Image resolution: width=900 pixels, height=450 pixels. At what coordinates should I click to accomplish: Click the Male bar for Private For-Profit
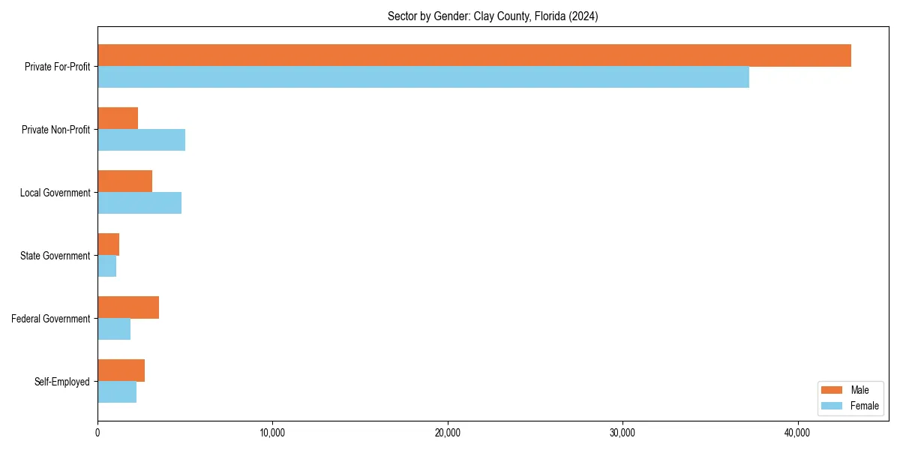[474, 55]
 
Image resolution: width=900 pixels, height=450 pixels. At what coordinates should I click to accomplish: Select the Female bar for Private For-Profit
[423, 77]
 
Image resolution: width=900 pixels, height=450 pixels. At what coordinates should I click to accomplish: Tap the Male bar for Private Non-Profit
[118, 118]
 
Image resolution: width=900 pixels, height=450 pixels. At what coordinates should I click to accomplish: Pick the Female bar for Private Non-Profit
[141, 140]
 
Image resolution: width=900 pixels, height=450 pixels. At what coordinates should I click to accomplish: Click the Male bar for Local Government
[124, 181]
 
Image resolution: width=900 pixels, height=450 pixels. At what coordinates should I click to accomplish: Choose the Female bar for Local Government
[139, 203]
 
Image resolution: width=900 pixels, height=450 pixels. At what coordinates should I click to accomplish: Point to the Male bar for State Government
[108, 244]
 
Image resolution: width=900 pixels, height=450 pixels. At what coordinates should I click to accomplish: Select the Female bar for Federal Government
[114, 329]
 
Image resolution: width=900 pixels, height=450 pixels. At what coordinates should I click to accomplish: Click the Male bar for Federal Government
[128, 307]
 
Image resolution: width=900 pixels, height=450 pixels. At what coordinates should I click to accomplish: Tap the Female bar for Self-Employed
[117, 392]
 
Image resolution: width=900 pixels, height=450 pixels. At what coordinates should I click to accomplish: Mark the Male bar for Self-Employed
[121, 370]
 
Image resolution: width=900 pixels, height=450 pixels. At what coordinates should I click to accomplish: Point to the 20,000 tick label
[448, 433]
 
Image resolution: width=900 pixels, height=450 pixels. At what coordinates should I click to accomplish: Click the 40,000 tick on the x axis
[797, 433]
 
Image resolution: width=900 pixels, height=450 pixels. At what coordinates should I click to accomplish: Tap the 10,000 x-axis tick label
[272, 433]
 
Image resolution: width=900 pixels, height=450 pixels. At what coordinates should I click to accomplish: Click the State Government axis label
[55, 256]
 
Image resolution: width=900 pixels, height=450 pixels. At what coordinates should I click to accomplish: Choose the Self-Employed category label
[62, 382]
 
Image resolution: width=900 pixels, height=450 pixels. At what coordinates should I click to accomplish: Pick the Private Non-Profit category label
[55, 130]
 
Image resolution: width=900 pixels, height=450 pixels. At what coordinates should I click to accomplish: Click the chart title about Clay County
[493, 16]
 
